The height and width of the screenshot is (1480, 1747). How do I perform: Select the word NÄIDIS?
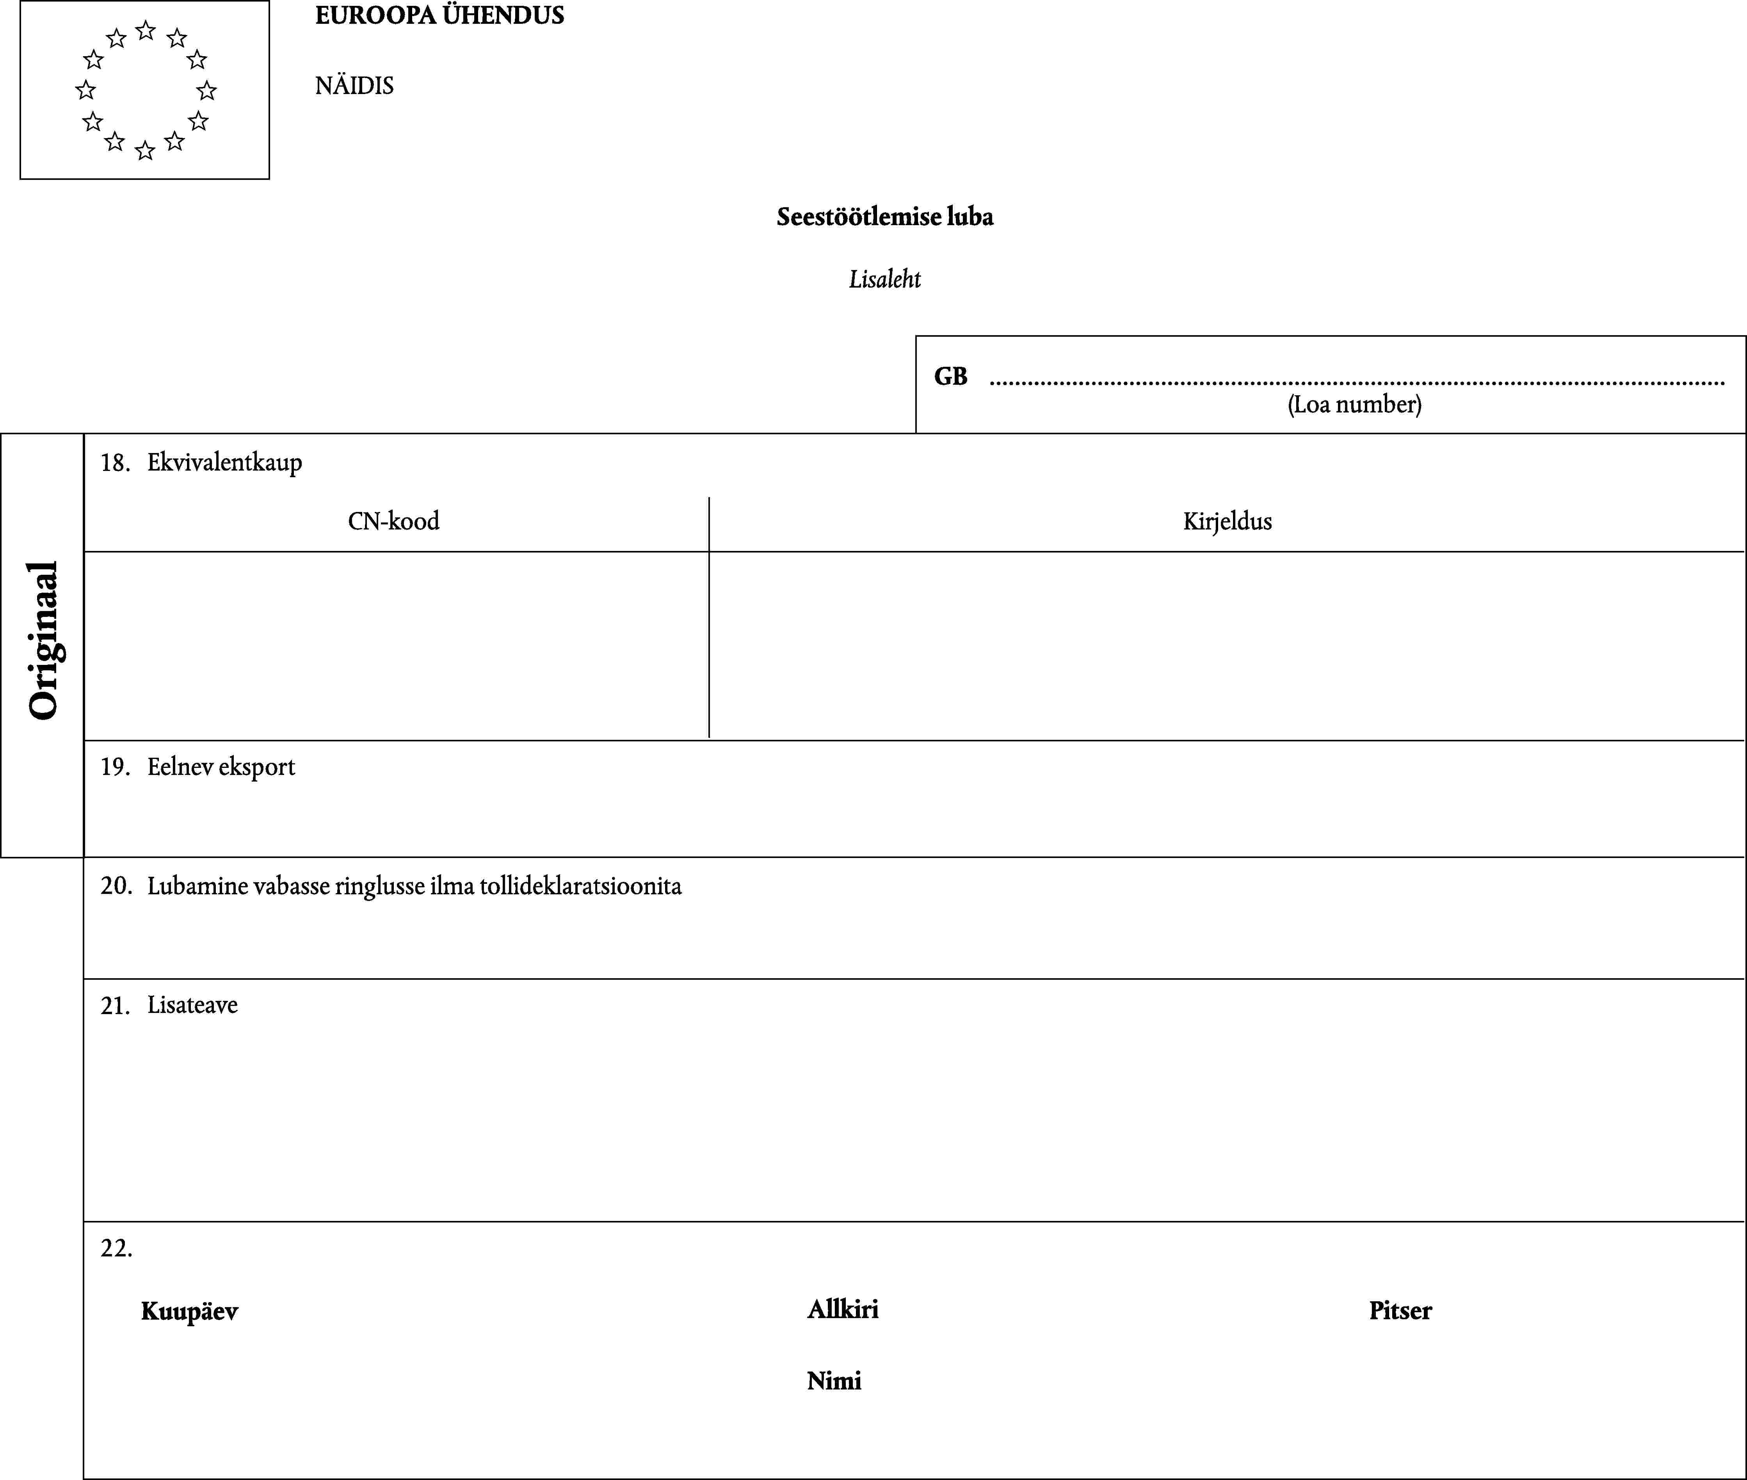[x=354, y=85]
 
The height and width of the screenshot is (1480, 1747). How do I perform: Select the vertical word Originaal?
[x=44, y=640]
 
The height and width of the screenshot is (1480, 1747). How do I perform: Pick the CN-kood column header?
[x=393, y=521]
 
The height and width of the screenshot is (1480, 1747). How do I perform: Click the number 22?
[x=116, y=1249]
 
